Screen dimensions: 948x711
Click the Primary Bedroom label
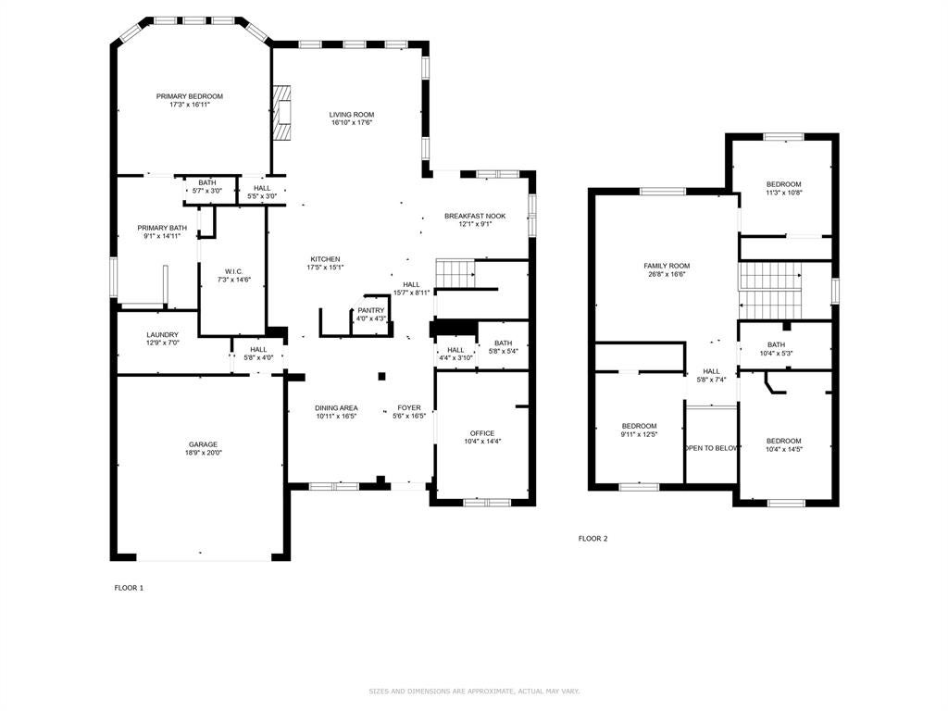pyautogui.click(x=189, y=96)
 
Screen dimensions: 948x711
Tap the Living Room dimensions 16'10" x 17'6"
pyautogui.click(x=351, y=123)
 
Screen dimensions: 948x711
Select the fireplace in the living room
pyautogui.click(x=281, y=112)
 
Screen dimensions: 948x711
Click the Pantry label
pyautogui.click(x=370, y=310)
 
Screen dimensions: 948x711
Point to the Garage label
pyautogui.click(x=203, y=444)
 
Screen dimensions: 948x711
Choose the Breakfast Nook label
pyautogui.click(x=475, y=216)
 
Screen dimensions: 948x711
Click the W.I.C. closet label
pyautogui.click(x=233, y=272)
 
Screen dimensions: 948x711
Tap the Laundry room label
pyautogui.click(x=163, y=335)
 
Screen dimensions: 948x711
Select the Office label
pyautogui.click(x=482, y=433)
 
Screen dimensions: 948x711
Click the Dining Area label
pyautogui.click(x=336, y=408)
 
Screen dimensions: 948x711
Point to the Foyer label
pyautogui.click(x=409, y=408)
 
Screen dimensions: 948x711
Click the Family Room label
pyautogui.click(x=667, y=266)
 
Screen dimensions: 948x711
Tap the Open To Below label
pyautogui.click(x=712, y=448)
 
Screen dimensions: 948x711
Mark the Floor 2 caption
pyautogui.click(x=593, y=539)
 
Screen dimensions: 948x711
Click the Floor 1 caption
pyautogui.click(x=129, y=588)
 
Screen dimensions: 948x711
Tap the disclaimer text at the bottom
pyautogui.click(x=474, y=691)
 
